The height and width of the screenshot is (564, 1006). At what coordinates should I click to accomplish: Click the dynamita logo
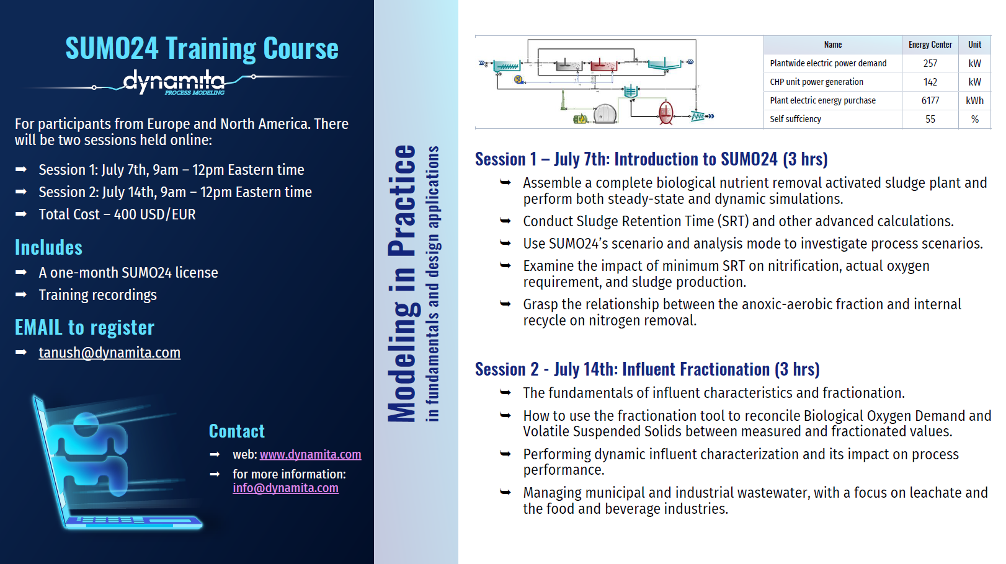click(174, 82)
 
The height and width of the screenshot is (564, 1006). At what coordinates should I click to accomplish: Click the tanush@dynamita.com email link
click(110, 353)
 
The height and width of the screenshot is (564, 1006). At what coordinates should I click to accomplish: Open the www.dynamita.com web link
click(310, 454)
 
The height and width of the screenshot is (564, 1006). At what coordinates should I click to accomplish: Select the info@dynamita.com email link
click(286, 488)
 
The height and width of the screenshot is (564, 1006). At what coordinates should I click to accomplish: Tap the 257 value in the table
click(930, 63)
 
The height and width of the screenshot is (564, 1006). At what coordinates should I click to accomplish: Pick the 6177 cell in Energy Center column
click(930, 100)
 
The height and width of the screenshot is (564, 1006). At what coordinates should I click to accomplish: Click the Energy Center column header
click(930, 45)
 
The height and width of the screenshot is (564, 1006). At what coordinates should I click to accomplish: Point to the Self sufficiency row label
click(795, 119)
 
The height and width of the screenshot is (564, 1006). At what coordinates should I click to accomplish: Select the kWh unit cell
click(974, 100)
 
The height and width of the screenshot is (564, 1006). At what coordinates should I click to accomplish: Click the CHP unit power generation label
click(816, 82)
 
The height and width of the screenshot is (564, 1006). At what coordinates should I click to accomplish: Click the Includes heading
click(48, 248)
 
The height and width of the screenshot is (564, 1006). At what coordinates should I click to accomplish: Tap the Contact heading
click(237, 431)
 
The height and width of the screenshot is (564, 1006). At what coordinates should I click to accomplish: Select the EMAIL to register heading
click(84, 327)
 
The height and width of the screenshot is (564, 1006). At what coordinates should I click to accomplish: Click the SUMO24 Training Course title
click(202, 48)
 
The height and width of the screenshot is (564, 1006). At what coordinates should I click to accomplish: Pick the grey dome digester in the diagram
click(605, 113)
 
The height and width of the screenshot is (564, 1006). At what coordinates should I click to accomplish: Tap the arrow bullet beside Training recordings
click(21, 295)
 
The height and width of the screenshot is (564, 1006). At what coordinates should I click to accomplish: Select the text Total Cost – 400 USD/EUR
click(117, 214)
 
